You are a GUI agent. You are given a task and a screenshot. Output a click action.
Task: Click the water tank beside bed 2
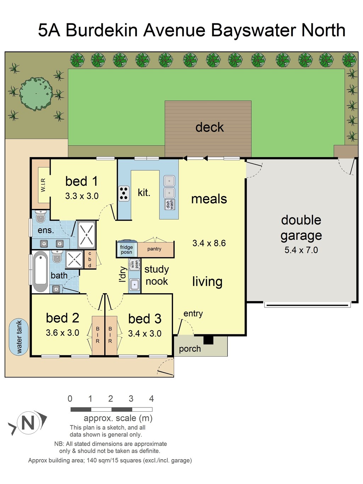tap(18, 337)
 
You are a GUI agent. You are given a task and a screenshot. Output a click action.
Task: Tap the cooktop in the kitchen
tap(124, 194)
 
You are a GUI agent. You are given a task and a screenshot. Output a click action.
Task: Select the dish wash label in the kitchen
tap(169, 204)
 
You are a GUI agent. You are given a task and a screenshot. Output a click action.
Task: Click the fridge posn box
tap(127, 249)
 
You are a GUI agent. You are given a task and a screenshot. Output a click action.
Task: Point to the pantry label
tap(154, 249)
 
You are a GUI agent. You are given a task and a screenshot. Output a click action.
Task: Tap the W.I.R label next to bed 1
tap(43, 185)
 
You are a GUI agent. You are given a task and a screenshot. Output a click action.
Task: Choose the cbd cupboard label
tap(90, 260)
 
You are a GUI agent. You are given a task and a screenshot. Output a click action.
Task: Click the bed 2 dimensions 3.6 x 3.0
tap(63, 333)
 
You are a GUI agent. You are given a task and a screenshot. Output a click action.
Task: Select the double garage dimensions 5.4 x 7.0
tap(301, 250)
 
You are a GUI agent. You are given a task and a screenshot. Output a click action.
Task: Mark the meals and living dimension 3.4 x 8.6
tap(209, 243)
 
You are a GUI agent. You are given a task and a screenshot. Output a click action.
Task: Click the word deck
tap(210, 127)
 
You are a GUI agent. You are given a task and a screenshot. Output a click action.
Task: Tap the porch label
tap(190, 349)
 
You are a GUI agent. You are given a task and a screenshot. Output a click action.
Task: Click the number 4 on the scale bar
tap(151, 399)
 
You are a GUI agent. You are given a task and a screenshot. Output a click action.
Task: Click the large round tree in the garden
tap(36, 94)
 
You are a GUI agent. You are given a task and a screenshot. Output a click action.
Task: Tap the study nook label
tap(157, 275)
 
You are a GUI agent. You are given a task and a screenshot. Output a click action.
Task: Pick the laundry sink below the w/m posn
tap(134, 285)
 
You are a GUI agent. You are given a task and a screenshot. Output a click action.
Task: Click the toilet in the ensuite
tap(40, 216)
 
